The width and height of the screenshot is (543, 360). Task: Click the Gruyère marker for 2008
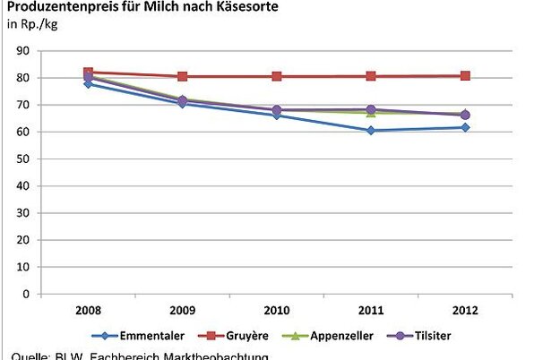pyautogui.click(x=89, y=73)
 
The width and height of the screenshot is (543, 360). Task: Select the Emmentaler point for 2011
pyautogui.click(x=371, y=131)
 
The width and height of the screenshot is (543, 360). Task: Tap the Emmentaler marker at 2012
pyautogui.click(x=465, y=127)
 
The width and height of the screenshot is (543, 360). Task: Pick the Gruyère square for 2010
pyautogui.click(x=277, y=76)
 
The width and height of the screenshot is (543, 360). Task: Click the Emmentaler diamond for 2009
pyautogui.click(x=183, y=103)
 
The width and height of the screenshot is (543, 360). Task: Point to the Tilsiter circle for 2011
pyautogui.click(x=371, y=110)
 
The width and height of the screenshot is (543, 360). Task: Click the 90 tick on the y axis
pyautogui.click(x=24, y=51)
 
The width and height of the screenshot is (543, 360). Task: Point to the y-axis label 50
pyautogui.click(x=24, y=159)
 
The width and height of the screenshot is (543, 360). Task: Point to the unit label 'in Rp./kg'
pyautogui.click(x=31, y=24)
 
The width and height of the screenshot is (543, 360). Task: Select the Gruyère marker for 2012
pyautogui.click(x=465, y=76)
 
